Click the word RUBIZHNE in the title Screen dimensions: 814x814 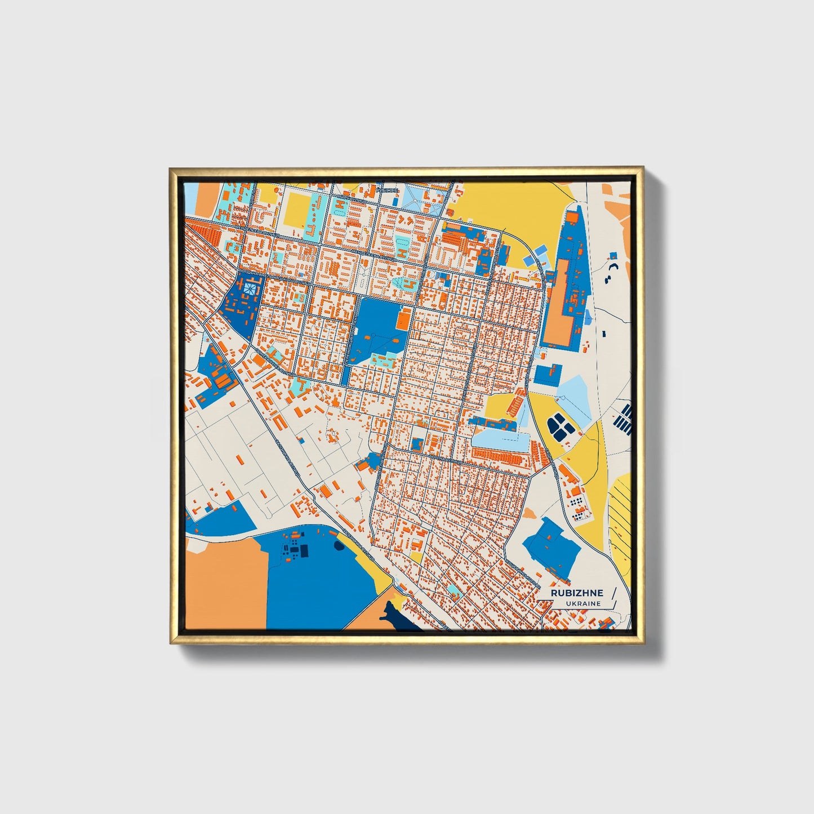click(576, 593)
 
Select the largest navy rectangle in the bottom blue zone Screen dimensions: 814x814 click(304, 550)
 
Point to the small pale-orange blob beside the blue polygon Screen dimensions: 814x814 click(530, 513)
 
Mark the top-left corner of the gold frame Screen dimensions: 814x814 click(171, 168)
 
